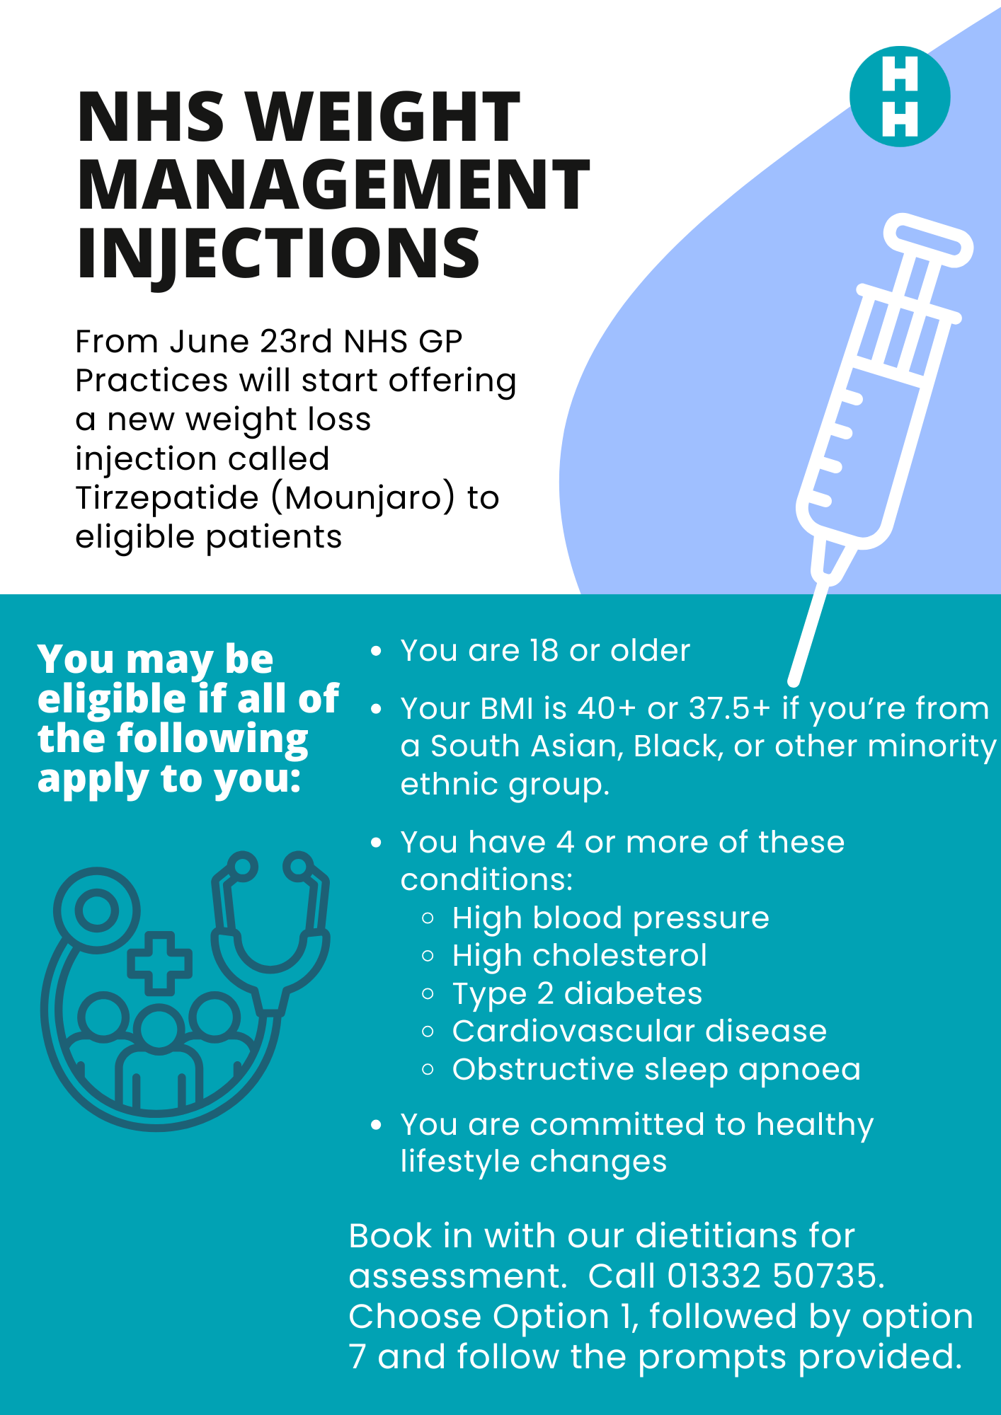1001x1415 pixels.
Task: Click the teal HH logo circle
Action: pyautogui.click(x=900, y=96)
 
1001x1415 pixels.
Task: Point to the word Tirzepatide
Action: pyautogui.click(x=166, y=498)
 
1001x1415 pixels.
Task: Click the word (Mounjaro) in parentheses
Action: pyautogui.click(x=363, y=498)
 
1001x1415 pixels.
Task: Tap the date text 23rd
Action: pyautogui.click(x=296, y=342)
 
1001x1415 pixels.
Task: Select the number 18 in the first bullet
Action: pyautogui.click(x=544, y=650)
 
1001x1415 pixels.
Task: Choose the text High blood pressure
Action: pyautogui.click(x=610, y=918)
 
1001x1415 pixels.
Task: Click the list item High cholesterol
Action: pyautogui.click(x=580, y=955)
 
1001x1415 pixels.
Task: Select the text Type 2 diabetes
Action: pyautogui.click(x=577, y=994)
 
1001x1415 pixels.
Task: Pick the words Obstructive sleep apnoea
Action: pyautogui.click(x=656, y=1070)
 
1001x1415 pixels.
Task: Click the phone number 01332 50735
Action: pyautogui.click(x=774, y=1276)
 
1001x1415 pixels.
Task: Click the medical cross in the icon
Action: pyautogui.click(x=159, y=963)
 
